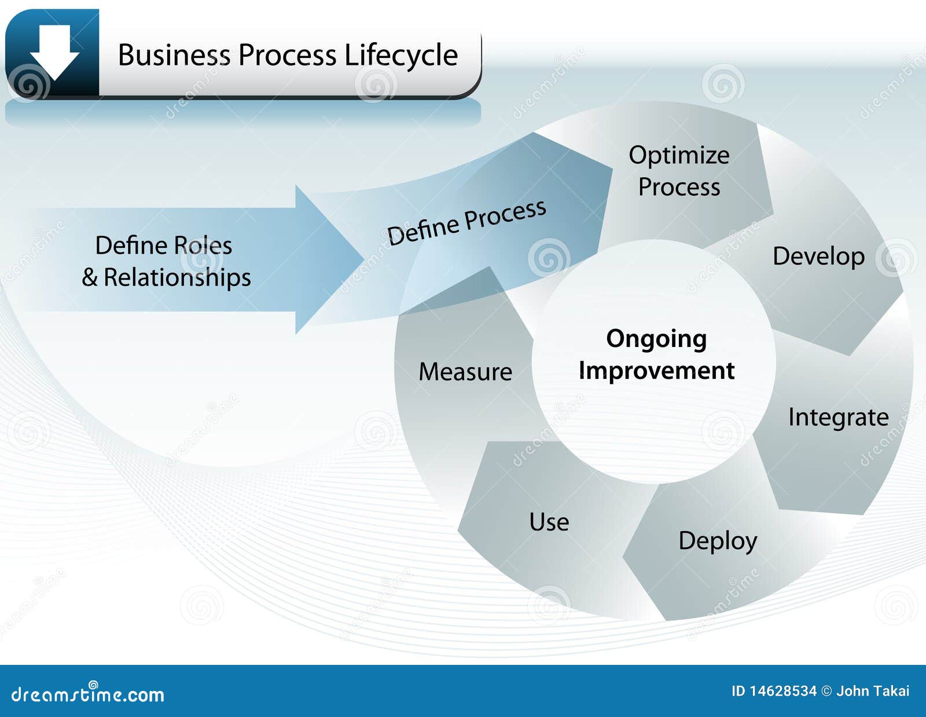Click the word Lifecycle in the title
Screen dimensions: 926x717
click(x=401, y=56)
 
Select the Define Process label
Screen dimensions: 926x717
click(x=466, y=222)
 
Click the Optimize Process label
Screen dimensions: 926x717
click(x=679, y=171)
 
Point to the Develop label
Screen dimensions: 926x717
click(x=818, y=257)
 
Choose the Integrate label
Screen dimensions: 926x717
click(x=838, y=418)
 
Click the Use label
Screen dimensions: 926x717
click(x=549, y=522)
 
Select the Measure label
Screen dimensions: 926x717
click(x=465, y=372)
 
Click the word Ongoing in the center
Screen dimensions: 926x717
click(x=656, y=340)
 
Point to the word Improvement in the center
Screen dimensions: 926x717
click(x=656, y=370)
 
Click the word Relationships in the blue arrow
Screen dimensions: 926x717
click(x=177, y=278)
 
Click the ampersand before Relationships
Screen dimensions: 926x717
click(x=90, y=277)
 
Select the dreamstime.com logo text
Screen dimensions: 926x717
click(x=87, y=694)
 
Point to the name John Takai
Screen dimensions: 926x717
click(x=873, y=691)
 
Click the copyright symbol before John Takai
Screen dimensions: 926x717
click(x=826, y=691)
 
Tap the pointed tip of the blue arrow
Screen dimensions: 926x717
click(x=363, y=259)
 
